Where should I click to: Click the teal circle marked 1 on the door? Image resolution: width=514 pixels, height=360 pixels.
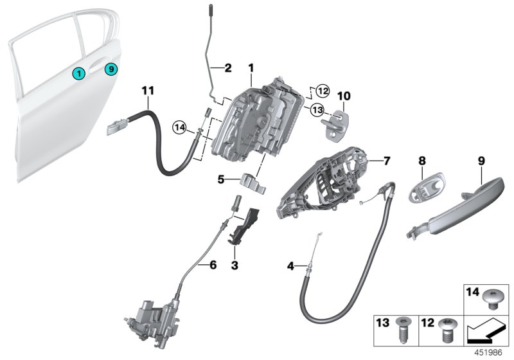click(x=78, y=73)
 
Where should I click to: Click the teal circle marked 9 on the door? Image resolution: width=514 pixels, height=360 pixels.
click(x=111, y=68)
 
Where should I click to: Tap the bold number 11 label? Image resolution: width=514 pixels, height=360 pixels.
click(x=148, y=92)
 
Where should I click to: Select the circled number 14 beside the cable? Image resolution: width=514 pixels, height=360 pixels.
click(x=179, y=129)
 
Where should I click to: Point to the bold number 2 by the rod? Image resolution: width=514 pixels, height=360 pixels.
click(x=226, y=67)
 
